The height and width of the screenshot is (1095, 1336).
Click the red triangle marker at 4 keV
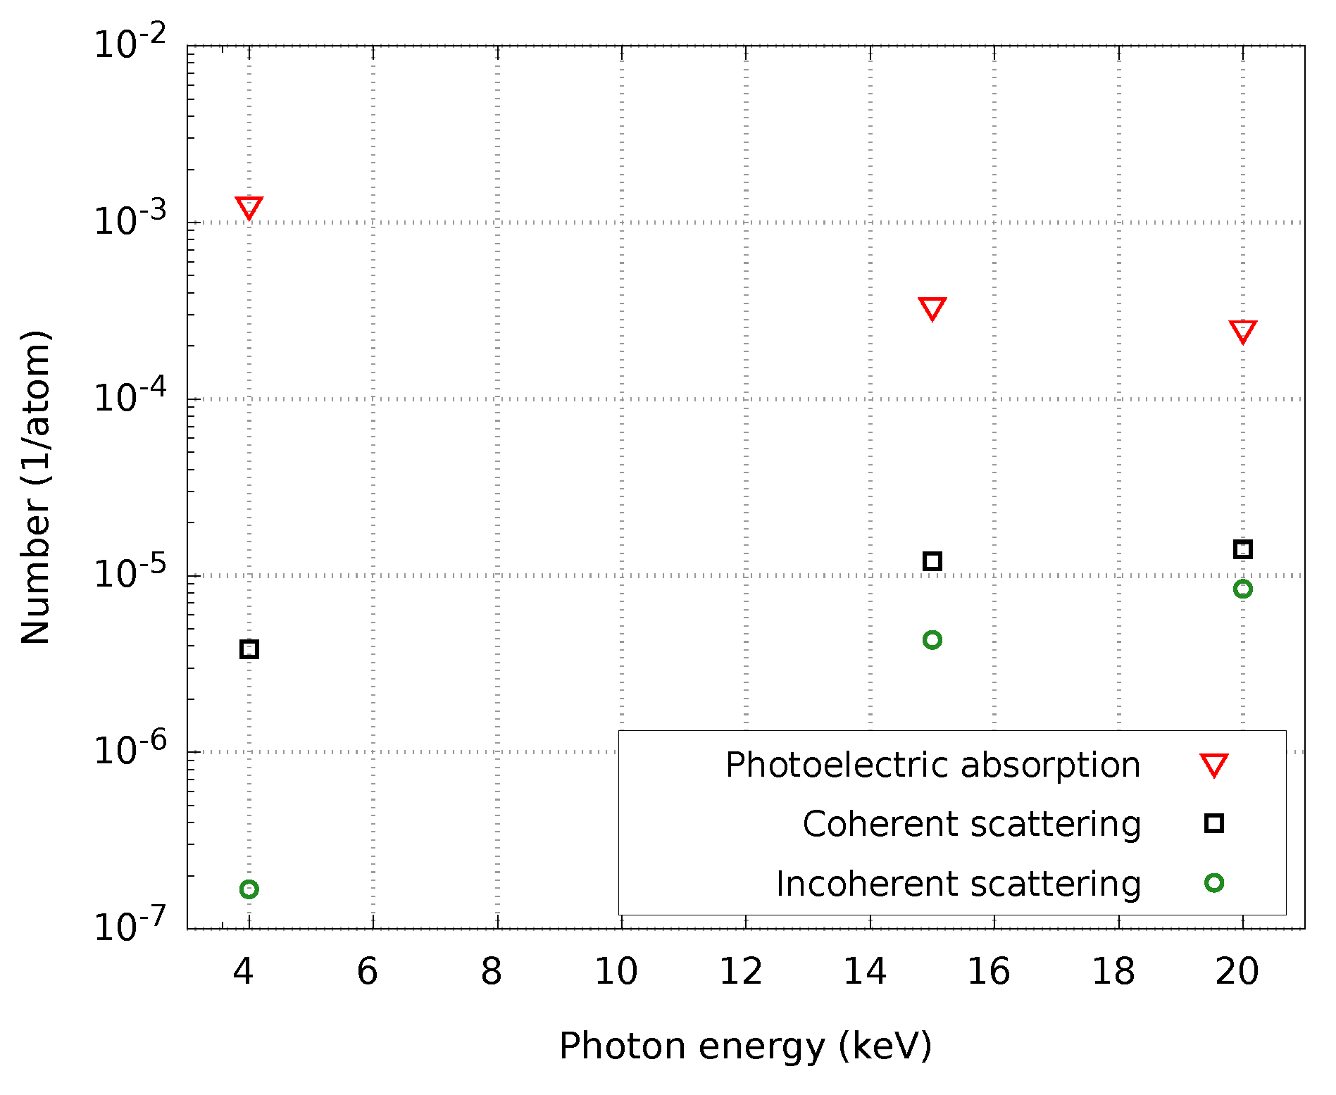[x=249, y=207]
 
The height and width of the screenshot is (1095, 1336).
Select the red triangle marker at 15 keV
[x=932, y=308]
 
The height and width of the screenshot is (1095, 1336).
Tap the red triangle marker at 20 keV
[x=1243, y=330]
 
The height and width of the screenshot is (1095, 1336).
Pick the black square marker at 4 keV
[x=249, y=649]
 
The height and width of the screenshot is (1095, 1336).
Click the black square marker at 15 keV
[x=932, y=561]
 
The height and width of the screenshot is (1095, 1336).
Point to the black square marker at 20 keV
[x=1243, y=549]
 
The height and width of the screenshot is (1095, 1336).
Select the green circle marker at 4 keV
[x=249, y=889]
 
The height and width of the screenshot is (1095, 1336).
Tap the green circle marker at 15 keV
[x=932, y=640]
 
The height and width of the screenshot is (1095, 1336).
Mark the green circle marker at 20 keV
[x=1243, y=589]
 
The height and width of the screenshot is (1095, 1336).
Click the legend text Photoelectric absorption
[x=932, y=765]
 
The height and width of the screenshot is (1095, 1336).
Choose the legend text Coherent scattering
[x=971, y=825]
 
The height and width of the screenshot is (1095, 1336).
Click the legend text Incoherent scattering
[x=958, y=884]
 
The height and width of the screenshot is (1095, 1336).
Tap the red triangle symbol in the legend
[x=1214, y=764]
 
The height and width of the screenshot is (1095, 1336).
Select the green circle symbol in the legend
[x=1214, y=883]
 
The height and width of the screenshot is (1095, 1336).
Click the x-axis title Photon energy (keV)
[x=745, y=1046]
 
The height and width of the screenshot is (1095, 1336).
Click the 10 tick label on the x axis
[x=616, y=972]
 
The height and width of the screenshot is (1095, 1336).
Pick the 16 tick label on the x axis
[x=989, y=972]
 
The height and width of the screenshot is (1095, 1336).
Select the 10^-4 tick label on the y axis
[x=131, y=396]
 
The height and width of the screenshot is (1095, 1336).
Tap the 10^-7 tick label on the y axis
[x=131, y=925]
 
